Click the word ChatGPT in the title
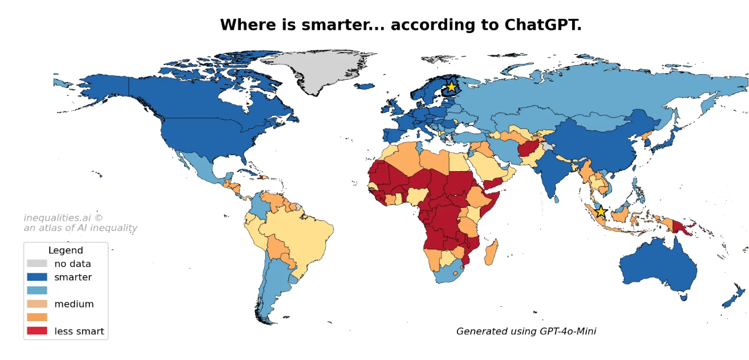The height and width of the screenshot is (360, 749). (x=542, y=25)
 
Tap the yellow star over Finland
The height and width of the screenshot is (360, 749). (x=451, y=87)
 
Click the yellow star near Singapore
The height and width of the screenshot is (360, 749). (x=601, y=212)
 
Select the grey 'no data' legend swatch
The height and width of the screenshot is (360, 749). (x=37, y=264)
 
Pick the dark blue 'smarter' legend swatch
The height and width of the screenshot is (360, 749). (x=37, y=277)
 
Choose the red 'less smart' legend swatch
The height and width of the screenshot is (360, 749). (x=37, y=331)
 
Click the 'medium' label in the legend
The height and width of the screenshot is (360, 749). (x=74, y=304)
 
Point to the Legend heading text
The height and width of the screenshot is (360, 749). (x=66, y=250)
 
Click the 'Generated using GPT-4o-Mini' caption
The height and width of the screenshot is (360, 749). (x=526, y=331)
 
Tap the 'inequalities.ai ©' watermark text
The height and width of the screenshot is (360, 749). (x=63, y=218)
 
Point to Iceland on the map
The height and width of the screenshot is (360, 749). (x=364, y=86)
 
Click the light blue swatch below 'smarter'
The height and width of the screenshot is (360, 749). (x=37, y=290)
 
